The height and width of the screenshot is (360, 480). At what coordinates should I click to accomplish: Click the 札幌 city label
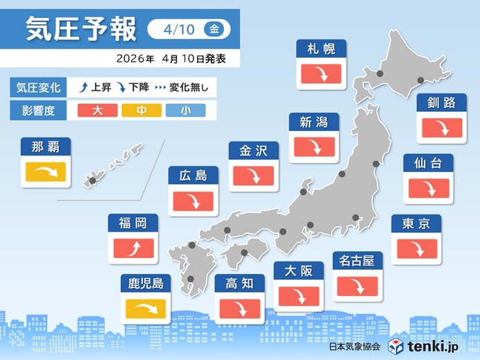[x=321, y=49]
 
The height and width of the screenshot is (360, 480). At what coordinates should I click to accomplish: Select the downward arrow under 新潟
[x=314, y=147]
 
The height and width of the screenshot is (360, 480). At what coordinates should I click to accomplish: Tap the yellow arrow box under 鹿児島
[x=146, y=307]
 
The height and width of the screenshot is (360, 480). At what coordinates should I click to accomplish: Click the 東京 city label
[x=415, y=223]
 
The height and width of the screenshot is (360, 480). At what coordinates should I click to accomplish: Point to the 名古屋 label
[x=357, y=261]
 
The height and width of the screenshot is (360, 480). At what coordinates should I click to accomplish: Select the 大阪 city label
[x=298, y=271]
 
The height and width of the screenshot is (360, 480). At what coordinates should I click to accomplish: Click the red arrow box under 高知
[x=239, y=308]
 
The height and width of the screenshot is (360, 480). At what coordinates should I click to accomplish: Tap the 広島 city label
[x=194, y=175]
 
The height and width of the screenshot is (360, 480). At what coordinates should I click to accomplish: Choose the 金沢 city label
[x=253, y=151]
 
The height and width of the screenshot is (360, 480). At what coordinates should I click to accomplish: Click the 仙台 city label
[x=428, y=163]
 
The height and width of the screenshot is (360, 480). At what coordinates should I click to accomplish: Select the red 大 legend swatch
[x=98, y=110]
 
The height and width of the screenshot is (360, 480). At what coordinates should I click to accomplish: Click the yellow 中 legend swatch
[x=142, y=110]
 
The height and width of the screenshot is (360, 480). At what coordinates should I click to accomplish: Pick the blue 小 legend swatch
[x=185, y=110]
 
